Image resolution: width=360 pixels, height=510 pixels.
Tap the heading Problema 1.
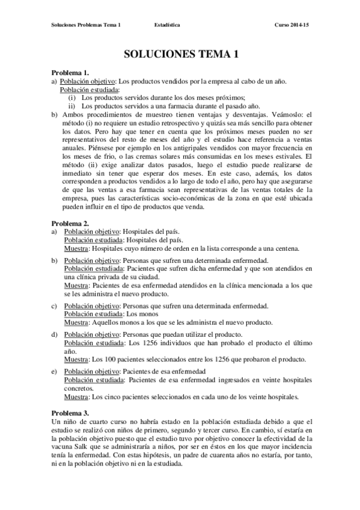70,73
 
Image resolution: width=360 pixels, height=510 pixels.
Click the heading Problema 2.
70,224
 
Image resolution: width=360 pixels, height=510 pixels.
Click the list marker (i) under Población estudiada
72,97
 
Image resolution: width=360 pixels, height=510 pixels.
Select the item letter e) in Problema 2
55,372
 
